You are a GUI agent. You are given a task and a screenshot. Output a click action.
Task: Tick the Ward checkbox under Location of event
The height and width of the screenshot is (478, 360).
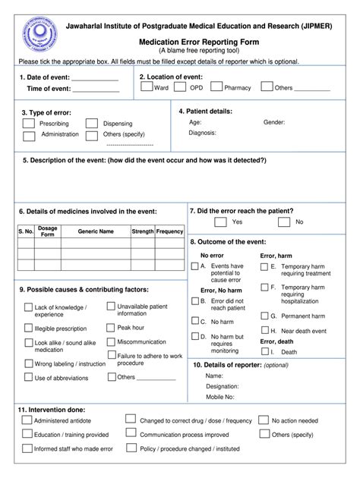pyautogui.click(x=147, y=87)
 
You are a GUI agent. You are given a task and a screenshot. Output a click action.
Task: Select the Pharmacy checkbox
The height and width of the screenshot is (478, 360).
pyautogui.click(x=216, y=87)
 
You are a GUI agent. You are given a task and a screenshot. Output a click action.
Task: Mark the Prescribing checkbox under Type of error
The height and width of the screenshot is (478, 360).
pyautogui.click(x=28, y=123)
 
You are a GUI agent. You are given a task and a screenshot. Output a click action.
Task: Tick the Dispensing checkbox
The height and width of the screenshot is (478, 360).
pyautogui.click(x=91, y=123)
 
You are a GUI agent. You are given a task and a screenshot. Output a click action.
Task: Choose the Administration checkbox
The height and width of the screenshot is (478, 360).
pyautogui.click(x=28, y=136)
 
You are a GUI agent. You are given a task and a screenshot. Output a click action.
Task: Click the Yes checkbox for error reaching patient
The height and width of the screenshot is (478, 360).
pyautogui.click(x=220, y=222)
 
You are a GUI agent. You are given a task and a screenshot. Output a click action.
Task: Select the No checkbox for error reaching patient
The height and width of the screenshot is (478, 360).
pyautogui.click(x=283, y=222)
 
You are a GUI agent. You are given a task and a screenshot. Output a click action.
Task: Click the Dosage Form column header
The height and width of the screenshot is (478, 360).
pyautogui.click(x=47, y=231)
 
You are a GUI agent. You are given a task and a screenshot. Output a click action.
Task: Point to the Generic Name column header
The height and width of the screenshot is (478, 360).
pyautogui.click(x=96, y=231)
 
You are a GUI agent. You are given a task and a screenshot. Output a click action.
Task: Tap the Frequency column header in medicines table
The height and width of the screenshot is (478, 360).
pyautogui.click(x=169, y=231)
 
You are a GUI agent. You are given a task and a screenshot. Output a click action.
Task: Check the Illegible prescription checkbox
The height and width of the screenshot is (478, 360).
pyautogui.click(x=28, y=329)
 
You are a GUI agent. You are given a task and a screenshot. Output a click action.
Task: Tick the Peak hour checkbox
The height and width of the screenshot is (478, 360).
pyautogui.click(x=111, y=327)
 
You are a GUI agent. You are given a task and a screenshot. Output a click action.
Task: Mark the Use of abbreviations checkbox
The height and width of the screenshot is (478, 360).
pyautogui.click(x=28, y=377)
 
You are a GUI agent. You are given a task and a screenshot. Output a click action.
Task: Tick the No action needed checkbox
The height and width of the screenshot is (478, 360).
pyautogui.click(x=264, y=420)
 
